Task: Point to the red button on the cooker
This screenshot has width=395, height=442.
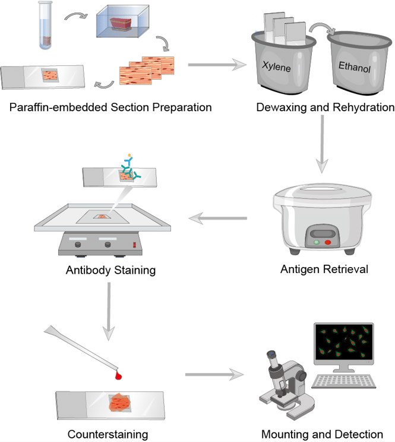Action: pyautogui.click(x=327, y=243)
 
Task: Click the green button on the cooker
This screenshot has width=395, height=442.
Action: pyautogui.click(x=315, y=242)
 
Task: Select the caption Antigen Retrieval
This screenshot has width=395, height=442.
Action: pyautogui.click(x=324, y=269)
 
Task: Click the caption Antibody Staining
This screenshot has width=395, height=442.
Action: pyautogui.click(x=111, y=270)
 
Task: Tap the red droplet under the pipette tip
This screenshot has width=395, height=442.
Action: pyautogui.click(x=119, y=375)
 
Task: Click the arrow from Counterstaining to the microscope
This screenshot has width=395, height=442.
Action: pyautogui.click(x=214, y=375)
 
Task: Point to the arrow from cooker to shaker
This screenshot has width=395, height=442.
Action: pyautogui.click(x=217, y=220)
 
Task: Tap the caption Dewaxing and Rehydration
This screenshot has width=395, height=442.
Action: pyautogui.click(x=325, y=108)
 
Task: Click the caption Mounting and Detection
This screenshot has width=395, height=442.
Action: pyautogui.click(x=322, y=434)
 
